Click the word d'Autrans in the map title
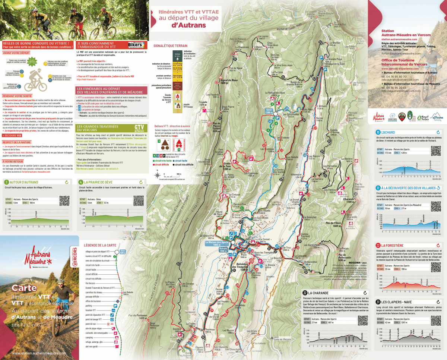click(x=188, y=25)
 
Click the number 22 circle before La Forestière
click(x=378, y=246)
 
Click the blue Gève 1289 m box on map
click(x=269, y=111)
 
